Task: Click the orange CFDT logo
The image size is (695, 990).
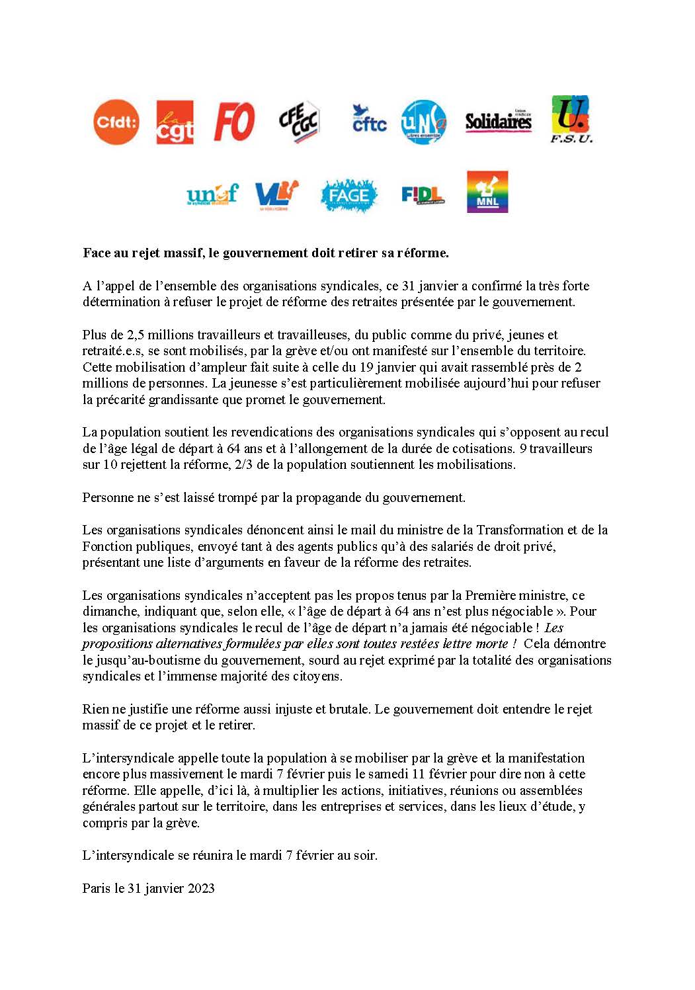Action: point(116,122)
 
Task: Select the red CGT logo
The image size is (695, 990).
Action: point(175,122)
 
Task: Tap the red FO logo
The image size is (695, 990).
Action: point(234,122)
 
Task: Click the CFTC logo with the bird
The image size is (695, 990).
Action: point(368,120)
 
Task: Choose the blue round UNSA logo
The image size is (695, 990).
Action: point(424,122)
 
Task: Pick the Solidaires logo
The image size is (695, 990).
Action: point(498,121)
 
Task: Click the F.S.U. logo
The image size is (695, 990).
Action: point(571,119)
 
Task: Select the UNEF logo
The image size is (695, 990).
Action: point(212,194)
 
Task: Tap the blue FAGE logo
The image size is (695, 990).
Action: point(348,195)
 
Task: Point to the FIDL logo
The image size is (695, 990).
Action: point(422,195)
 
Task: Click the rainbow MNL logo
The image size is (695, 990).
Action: point(487,192)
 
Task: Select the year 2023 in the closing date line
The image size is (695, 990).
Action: point(200,889)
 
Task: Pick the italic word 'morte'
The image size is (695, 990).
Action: point(492,644)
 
